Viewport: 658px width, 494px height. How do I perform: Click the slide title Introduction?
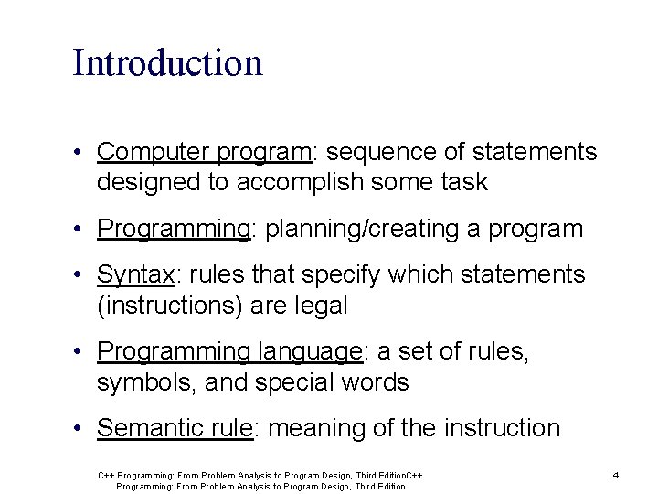167,63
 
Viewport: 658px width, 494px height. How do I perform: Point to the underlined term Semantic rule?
174,428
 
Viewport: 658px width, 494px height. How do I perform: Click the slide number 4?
616,475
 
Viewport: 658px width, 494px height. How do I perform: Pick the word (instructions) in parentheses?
171,306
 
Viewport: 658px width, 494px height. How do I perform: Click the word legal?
320,306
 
